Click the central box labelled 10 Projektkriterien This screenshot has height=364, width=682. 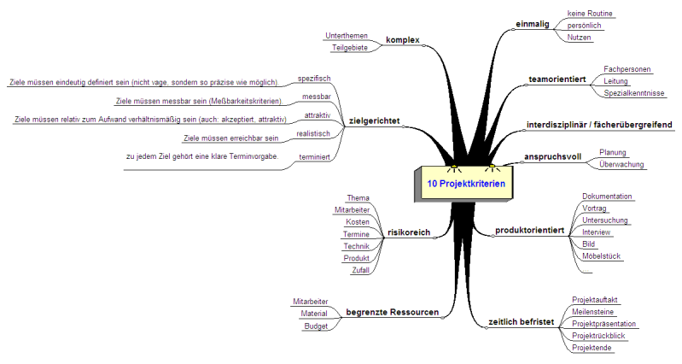(465, 184)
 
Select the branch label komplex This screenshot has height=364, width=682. (403, 40)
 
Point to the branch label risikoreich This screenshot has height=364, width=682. (408, 232)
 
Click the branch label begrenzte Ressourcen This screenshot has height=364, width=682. (392, 313)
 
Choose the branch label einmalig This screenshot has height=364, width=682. (534, 24)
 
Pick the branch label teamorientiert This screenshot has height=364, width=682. (557, 79)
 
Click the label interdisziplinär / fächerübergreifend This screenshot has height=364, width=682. (599, 125)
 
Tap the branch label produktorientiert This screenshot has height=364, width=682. (529, 231)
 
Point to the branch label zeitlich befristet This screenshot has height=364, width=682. (521, 323)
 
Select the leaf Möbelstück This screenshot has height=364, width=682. (602, 255)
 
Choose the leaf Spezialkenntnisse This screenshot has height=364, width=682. (633, 92)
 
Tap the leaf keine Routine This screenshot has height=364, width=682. (590, 14)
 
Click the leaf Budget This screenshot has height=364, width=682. (317, 326)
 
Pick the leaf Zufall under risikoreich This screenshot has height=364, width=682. (358, 270)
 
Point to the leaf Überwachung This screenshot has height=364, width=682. (621, 163)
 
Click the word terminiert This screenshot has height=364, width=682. (314, 158)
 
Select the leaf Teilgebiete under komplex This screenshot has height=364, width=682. (349, 48)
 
